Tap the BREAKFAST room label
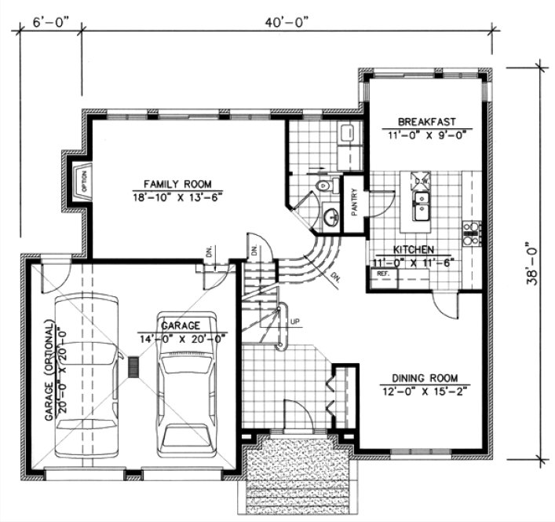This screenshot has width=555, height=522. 425,122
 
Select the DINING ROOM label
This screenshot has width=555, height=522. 425,377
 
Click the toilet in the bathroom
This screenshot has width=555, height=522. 323,186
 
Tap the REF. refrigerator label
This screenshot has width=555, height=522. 383,273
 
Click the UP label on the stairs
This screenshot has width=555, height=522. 294,321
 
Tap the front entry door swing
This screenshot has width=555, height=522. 298,414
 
